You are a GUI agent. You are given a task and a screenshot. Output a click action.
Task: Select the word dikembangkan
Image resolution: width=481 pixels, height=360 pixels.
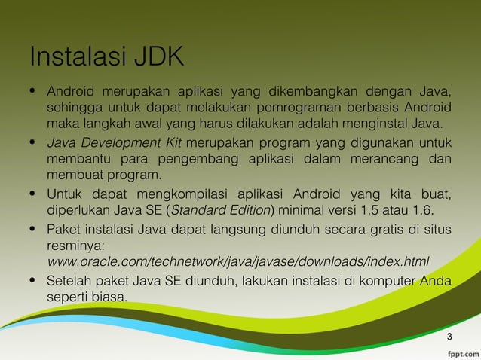pos(299,93)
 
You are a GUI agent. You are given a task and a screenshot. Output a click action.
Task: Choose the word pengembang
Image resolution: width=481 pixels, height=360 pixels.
pos(197,159)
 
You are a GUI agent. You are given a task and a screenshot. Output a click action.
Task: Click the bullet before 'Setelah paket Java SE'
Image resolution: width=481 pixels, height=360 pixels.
pos(32,282)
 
